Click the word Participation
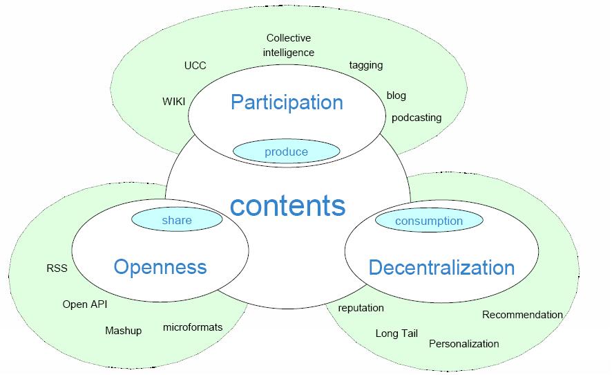point(287,102)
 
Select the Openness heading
point(160,266)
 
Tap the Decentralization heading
point(441,267)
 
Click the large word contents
point(287,205)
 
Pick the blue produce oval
point(286,152)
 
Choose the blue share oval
point(177,220)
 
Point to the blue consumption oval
point(429,221)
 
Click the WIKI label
point(174,102)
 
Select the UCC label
point(195,66)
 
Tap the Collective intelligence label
point(289,45)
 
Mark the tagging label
point(366,65)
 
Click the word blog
point(396,95)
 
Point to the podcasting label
point(417,118)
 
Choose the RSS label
point(57,268)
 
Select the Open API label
point(85,304)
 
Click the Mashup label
point(124,331)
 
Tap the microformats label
point(193,327)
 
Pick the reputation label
point(361,308)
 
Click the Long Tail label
point(396,333)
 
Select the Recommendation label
point(522,315)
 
